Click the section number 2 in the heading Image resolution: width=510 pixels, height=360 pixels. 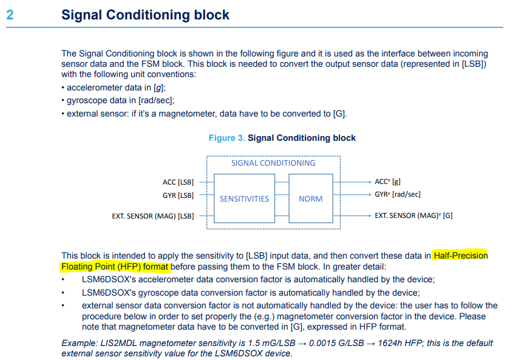(x=10, y=15)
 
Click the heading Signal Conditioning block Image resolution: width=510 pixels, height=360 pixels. (x=145, y=15)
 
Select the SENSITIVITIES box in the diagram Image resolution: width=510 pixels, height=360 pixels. (x=244, y=199)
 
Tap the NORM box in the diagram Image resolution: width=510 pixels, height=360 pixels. (x=310, y=199)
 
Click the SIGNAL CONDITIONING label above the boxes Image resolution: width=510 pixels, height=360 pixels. (x=273, y=163)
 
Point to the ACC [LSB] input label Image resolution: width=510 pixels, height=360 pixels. (x=178, y=182)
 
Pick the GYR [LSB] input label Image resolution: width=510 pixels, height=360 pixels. (x=178, y=195)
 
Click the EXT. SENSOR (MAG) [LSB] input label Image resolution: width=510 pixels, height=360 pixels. (x=153, y=216)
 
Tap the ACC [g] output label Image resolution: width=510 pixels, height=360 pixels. (x=387, y=182)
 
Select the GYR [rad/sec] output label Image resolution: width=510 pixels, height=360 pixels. (x=398, y=194)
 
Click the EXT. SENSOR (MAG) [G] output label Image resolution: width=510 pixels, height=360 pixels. (x=413, y=216)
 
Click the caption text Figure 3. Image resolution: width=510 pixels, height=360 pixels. (x=226, y=138)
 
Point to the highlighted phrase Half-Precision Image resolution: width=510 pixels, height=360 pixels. (x=460, y=256)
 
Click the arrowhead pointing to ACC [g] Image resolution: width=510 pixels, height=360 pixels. (x=370, y=182)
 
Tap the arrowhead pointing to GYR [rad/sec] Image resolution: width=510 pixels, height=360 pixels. (x=370, y=194)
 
